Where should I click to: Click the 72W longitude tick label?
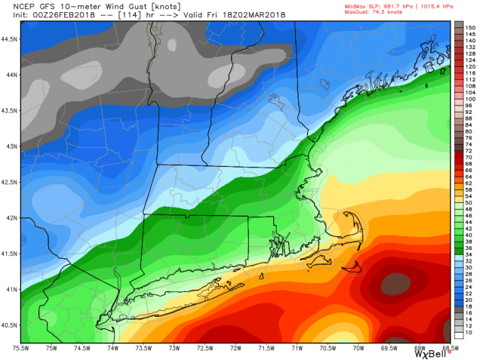236,348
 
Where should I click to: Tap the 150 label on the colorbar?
469,26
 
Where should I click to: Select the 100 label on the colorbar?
469,99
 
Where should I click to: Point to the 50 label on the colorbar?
468,205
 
